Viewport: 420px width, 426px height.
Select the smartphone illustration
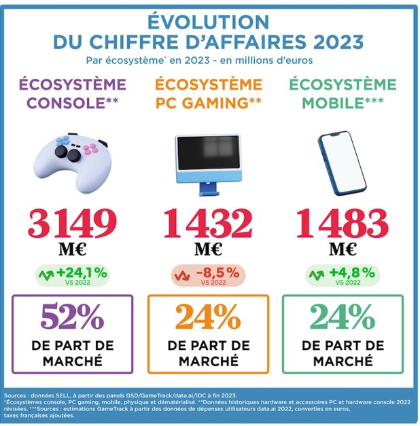pos(343,160)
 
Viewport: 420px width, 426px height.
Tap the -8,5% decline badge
pos(208,275)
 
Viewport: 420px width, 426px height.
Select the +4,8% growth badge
pos(343,275)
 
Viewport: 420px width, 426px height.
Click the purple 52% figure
pos(72,317)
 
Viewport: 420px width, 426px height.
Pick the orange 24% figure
pos(208,317)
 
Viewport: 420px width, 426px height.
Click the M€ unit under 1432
pos(208,249)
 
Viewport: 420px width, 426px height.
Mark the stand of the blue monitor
pos(208,179)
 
